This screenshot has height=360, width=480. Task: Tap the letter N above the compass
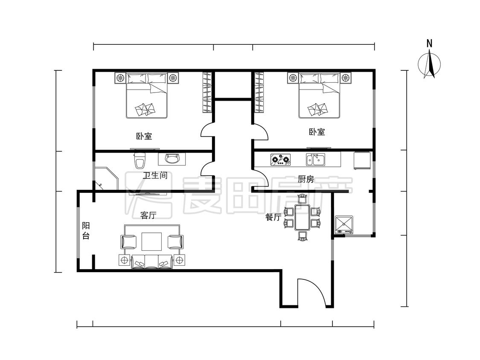[x=430, y=44]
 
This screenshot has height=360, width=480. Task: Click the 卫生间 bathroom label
[x=155, y=175]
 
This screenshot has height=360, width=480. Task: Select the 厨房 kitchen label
[x=306, y=179]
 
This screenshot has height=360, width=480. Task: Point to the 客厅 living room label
[x=148, y=215]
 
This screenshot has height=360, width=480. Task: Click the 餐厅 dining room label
[x=273, y=218]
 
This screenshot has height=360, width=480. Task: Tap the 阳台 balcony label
[x=86, y=231]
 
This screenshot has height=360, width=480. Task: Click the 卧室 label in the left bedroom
[x=144, y=136]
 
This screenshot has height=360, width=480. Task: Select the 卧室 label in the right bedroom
[x=317, y=132]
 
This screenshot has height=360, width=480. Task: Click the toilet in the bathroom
[x=140, y=160]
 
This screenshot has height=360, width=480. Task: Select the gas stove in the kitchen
[x=280, y=159]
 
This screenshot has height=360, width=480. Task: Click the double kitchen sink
[x=316, y=160]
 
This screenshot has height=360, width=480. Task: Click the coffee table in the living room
[x=151, y=242]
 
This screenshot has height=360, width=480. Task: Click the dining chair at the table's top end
[x=302, y=199]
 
